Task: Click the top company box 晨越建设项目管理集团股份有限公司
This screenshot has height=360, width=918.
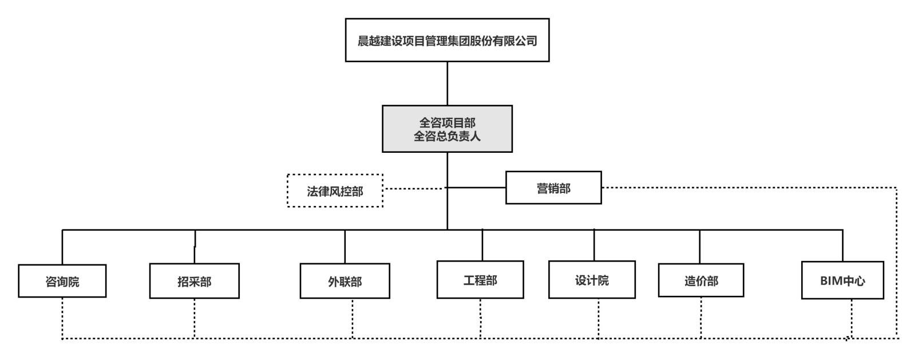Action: click(x=447, y=40)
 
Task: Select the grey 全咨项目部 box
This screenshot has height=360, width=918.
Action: click(x=447, y=128)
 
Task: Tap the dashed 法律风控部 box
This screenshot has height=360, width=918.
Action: click(x=335, y=191)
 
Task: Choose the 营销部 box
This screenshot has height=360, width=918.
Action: click(x=553, y=188)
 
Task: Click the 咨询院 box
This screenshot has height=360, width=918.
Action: click(x=62, y=281)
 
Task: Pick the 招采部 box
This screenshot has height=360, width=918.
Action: click(x=194, y=282)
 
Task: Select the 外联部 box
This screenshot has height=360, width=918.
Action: click(x=345, y=282)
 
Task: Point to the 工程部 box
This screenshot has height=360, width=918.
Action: click(x=480, y=280)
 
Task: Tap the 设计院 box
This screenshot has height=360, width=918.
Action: click(x=592, y=280)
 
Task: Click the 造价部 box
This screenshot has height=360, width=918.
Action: click(x=701, y=280)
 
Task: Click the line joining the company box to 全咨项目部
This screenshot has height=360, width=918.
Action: click(x=447, y=83)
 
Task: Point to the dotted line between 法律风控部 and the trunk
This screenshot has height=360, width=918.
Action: click(x=414, y=188)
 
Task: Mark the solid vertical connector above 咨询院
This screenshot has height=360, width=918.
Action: click(x=62, y=247)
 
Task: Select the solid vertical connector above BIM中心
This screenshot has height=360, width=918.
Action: click(x=842, y=246)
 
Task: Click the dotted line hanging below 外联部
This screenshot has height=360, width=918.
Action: click(x=353, y=318)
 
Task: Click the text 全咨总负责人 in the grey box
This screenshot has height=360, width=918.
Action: click(x=447, y=137)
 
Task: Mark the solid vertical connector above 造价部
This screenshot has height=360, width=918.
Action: click(x=699, y=247)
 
